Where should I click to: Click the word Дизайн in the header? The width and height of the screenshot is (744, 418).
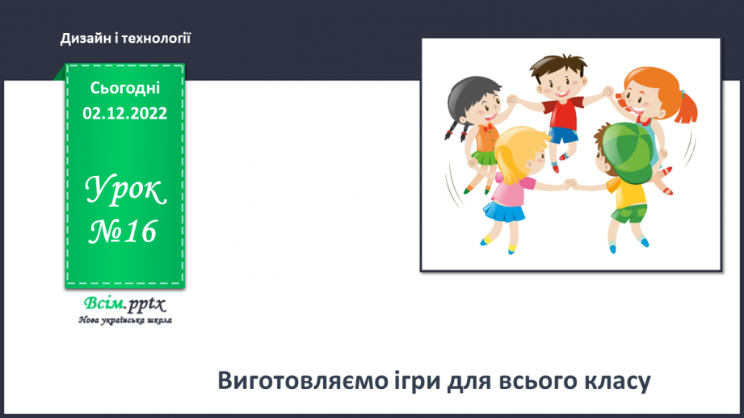click(x=82, y=38)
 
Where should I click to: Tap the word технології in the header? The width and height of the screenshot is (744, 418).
click(x=157, y=38)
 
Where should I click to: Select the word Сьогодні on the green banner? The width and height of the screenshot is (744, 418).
click(x=125, y=88)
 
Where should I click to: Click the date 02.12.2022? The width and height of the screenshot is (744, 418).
click(x=125, y=113)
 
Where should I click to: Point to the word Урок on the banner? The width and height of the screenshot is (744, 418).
click(x=125, y=191)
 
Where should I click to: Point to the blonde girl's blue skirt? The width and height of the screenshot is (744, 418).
click(x=502, y=213)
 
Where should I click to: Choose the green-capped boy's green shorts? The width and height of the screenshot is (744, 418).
click(x=629, y=213)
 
